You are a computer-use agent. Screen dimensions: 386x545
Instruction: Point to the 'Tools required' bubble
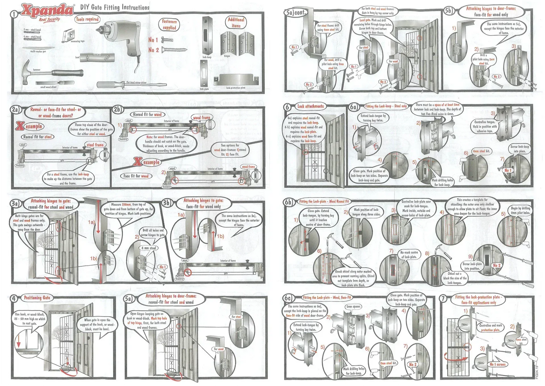point(87,19)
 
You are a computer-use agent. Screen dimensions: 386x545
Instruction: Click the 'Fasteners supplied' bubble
point(169,25)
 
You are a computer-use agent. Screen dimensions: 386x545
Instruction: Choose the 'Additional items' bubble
point(236,23)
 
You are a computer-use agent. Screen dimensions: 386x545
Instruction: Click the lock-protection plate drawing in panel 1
point(235,80)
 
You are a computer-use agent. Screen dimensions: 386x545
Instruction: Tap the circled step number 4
point(14,298)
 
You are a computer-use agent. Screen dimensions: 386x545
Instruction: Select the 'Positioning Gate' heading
point(37,298)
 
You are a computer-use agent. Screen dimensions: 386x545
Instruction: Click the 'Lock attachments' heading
point(310,106)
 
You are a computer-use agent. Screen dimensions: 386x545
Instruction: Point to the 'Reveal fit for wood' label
point(147,114)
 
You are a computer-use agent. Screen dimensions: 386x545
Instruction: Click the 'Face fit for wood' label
point(136,176)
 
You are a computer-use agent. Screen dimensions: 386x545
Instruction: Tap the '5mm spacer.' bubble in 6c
point(353,306)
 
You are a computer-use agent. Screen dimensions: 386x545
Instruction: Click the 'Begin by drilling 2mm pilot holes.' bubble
point(520,211)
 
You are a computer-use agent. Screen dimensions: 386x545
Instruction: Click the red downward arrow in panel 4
point(18,341)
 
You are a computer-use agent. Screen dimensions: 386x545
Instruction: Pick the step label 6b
point(289,202)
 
